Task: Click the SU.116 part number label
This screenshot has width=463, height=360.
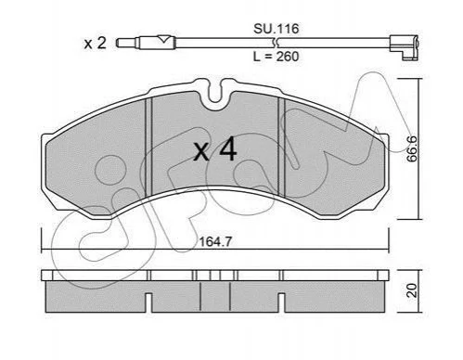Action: [277, 29]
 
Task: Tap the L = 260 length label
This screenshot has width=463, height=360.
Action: [277, 57]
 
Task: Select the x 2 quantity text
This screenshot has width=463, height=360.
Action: [96, 44]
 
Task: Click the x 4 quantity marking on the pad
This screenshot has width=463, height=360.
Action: [215, 149]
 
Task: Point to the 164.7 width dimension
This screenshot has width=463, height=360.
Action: [215, 242]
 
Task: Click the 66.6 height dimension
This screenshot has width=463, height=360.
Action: [412, 148]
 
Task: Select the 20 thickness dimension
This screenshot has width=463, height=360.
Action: [412, 290]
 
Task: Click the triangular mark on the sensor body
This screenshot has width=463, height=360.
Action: [163, 39]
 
